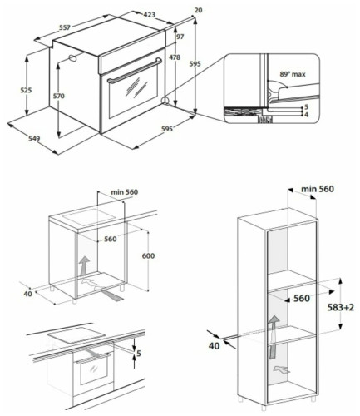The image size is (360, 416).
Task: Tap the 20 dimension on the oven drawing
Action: coord(197,10)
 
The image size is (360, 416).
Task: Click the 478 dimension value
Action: coord(175,58)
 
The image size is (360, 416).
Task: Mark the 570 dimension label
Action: coord(59,97)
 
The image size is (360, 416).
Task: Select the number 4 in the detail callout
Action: coord(306,115)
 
